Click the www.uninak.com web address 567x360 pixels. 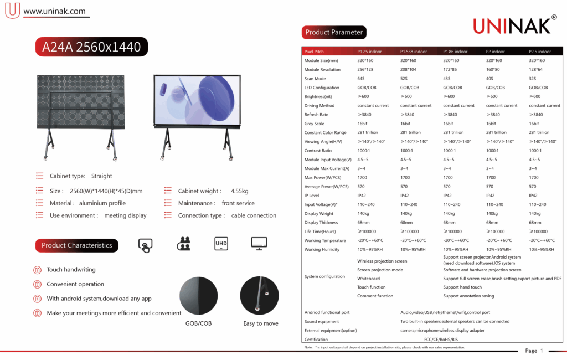pyautogui.click(x=55, y=11)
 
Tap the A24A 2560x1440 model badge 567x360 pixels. pyautogui.click(x=92, y=47)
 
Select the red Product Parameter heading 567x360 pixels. pyautogui.click(x=334, y=32)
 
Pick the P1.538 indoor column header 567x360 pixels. pyautogui.click(x=414, y=52)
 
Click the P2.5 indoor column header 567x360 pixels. pyautogui.click(x=540, y=52)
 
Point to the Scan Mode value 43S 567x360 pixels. pyautogui.click(x=447, y=79)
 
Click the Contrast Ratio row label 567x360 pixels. pyautogui.click(x=318, y=151)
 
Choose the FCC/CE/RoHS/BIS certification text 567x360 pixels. pyautogui.click(x=438, y=340)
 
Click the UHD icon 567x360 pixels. pyautogui.click(x=221, y=244)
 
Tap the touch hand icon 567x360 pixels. pyautogui.click(x=145, y=245)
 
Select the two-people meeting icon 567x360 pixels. pyautogui.click(x=184, y=244)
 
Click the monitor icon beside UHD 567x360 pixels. pyautogui.click(x=259, y=244)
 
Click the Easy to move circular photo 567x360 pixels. pyautogui.click(x=259, y=296)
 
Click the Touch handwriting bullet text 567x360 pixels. pyautogui.click(x=71, y=270)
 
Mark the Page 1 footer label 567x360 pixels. pyautogui.click(x=534, y=351)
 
